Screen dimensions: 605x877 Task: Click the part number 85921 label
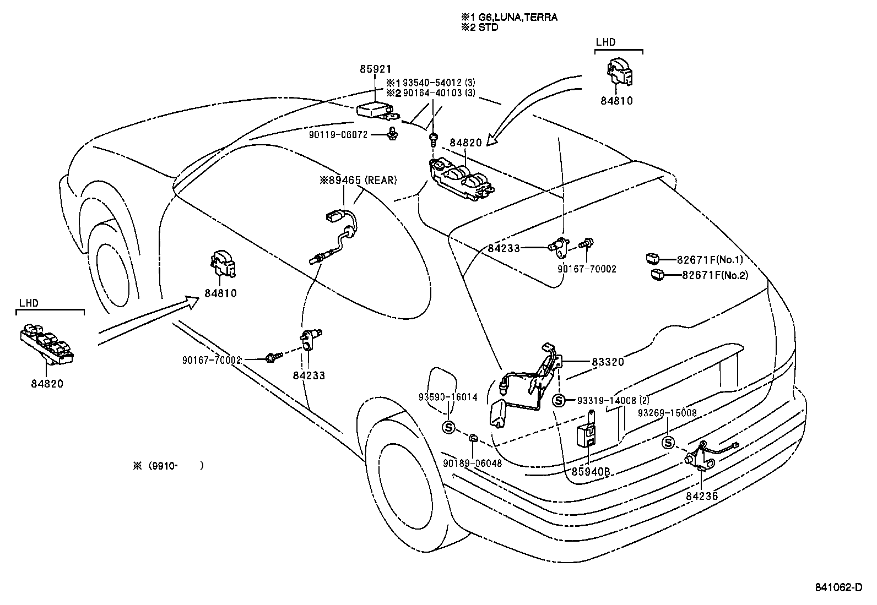(376, 69)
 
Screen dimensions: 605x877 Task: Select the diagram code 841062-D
(838, 587)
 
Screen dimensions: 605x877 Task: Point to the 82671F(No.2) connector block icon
(657, 274)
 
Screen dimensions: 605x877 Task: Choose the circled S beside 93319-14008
(559, 401)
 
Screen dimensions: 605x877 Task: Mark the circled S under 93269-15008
(668, 443)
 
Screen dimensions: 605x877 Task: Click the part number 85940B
(590, 472)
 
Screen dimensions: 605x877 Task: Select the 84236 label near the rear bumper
(702, 496)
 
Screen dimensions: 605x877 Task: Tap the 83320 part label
(608, 362)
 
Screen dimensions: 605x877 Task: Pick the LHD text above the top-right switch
(605, 42)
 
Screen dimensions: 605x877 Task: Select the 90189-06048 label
(472, 464)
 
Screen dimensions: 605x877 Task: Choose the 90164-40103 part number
(433, 93)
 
